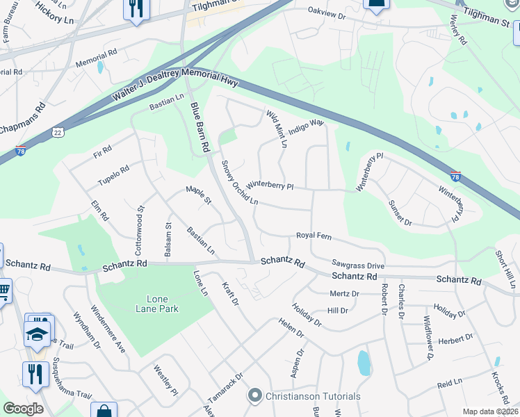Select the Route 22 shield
coord(58,131)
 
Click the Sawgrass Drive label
coord(358,265)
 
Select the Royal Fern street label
coord(314,236)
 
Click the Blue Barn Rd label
coord(200,127)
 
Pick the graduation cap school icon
coord(38,333)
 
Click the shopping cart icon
coord(3,288)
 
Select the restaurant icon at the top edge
coord(134,8)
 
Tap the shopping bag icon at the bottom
coord(104,411)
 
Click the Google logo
coord(23,409)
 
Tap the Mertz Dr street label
coord(344,293)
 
